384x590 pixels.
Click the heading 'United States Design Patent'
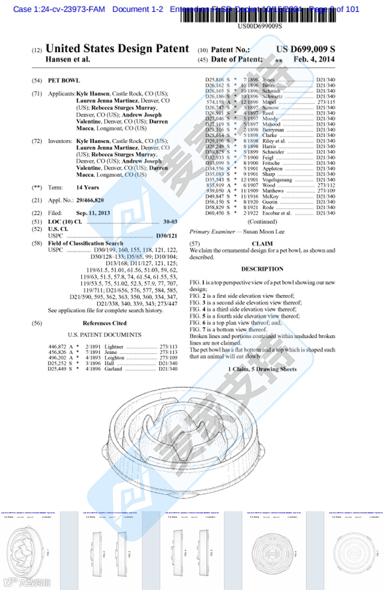pyautogui.click(x=117, y=49)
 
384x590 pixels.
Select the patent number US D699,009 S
pyautogui.click(x=305, y=49)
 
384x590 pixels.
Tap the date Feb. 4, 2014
pyautogui.click(x=314, y=59)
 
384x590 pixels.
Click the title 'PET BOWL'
pyautogui.click(x=64, y=80)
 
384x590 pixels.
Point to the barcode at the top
pyautogui.click(x=259, y=16)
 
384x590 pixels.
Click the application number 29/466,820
pyautogui.click(x=90, y=200)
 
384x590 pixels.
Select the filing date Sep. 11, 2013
pyautogui.click(x=93, y=212)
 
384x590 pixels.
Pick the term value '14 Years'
pyautogui.click(x=88, y=187)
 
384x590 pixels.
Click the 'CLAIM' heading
pyautogui.click(x=262, y=244)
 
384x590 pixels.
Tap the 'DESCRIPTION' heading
pyautogui.click(x=262, y=269)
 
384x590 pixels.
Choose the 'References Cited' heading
pyautogui.click(x=105, y=323)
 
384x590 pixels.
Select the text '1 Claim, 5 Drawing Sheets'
pyautogui.click(x=262, y=369)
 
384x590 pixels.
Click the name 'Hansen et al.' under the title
pyautogui.click(x=67, y=59)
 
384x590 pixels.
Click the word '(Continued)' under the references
pyautogui.click(x=262, y=221)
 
